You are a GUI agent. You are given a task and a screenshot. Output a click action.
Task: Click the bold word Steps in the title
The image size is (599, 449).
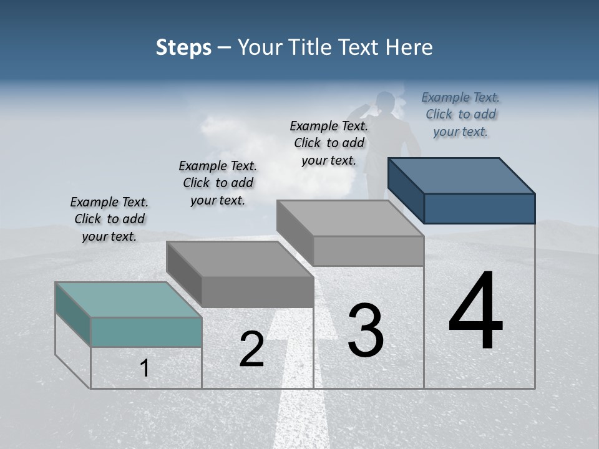tap(183, 47)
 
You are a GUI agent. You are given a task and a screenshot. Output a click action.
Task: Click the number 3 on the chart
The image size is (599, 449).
tap(366, 331)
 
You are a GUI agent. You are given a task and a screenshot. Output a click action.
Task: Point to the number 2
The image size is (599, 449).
tap(251, 349)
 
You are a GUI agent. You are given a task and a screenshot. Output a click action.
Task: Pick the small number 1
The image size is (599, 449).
tap(145, 368)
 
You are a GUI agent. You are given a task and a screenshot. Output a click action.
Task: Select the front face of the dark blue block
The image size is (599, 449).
tap(479, 208)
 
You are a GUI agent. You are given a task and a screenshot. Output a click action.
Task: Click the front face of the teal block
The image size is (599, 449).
tap(146, 332)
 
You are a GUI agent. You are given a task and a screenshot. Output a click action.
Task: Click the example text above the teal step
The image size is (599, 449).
tap(109, 219)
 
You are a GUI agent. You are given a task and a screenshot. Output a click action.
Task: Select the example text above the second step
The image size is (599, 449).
tap(218, 183)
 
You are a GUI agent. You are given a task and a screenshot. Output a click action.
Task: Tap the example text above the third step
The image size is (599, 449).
tap(329, 143)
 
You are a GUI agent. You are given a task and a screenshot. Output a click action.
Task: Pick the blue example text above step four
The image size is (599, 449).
tap(460, 114)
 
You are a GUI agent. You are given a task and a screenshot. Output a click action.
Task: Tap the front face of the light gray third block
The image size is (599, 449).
tap(368, 251)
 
